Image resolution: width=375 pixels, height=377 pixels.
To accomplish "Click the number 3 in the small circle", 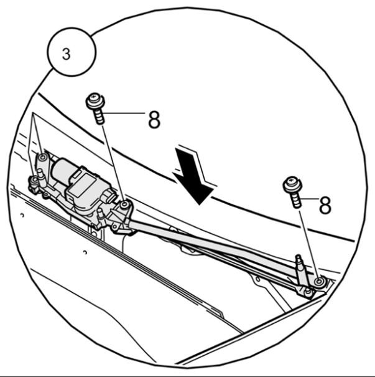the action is click(66, 54).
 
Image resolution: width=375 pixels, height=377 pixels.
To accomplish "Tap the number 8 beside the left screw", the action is click(154, 120).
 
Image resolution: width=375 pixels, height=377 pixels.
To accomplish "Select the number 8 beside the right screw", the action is click(325, 205).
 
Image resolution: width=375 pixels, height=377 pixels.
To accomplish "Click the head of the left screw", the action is click(95, 100).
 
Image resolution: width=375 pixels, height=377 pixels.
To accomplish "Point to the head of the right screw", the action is click(293, 185).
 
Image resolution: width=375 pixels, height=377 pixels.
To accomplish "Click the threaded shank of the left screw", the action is click(100, 117).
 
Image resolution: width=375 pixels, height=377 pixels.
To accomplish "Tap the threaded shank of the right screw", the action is click(297, 200).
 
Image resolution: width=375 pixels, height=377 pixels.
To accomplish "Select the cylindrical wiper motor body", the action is click(62, 171).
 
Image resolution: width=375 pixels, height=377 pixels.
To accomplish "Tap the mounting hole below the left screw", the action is click(124, 205).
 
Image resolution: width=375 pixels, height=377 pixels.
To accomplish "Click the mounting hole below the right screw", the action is click(319, 282).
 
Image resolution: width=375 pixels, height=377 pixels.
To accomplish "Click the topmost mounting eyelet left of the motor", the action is click(43, 158).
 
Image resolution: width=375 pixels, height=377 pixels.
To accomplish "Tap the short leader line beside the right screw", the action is click(309, 199).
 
